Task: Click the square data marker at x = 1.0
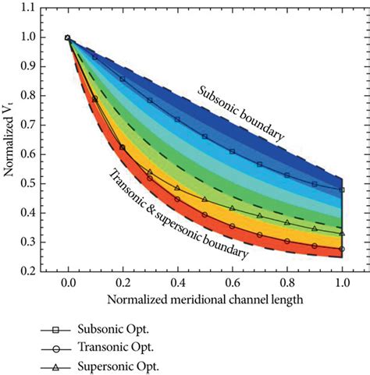tap(342, 189)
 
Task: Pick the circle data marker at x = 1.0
tap(342, 249)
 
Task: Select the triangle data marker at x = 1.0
tap(342, 233)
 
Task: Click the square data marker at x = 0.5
tap(205, 136)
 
